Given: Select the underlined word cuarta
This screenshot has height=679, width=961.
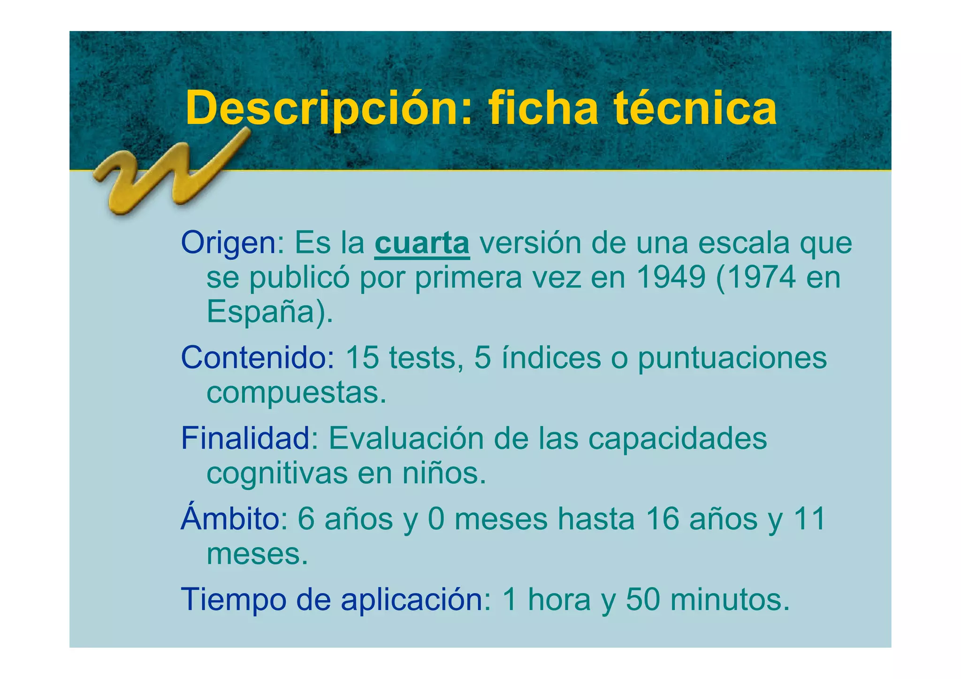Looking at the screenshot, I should (x=422, y=243).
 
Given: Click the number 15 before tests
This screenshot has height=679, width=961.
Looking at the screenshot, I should (x=362, y=358).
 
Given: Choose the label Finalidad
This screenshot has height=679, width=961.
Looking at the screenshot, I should (x=246, y=438).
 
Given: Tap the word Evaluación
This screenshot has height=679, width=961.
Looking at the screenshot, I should (x=406, y=438).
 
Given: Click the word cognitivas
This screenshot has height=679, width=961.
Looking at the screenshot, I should (x=277, y=473).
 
